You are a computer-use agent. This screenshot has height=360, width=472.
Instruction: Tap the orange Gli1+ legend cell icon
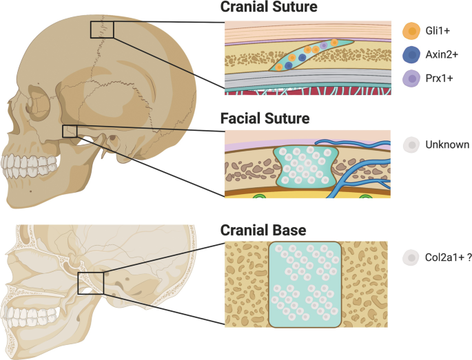412,31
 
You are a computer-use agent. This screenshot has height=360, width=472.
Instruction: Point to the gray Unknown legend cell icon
412,145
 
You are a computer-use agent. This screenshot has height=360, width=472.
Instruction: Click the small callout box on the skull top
101,30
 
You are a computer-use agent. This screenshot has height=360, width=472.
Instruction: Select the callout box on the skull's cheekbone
70,131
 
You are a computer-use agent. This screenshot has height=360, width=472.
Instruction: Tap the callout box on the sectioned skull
91,282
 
